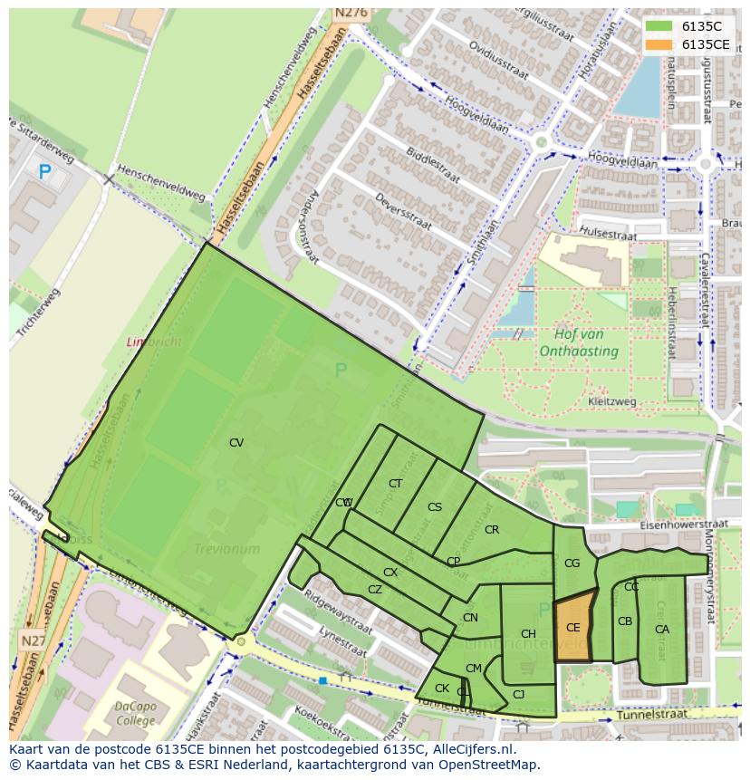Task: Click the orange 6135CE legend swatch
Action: coord(659,44)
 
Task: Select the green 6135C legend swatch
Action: coord(659,26)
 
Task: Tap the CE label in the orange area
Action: coord(572,628)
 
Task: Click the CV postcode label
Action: coord(236,443)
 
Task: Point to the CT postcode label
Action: coord(395,484)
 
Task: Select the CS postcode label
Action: coord(435,507)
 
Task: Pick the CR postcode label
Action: coord(492,530)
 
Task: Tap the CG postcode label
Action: coord(572,563)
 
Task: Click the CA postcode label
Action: coord(662,630)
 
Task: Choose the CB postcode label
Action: coord(625,621)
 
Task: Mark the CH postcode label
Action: coord(528,634)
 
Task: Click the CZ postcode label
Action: coord(375,590)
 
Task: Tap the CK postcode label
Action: coord(442,689)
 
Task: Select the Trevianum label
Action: coord(226,549)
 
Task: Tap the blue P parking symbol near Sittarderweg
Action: coord(44,171)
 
